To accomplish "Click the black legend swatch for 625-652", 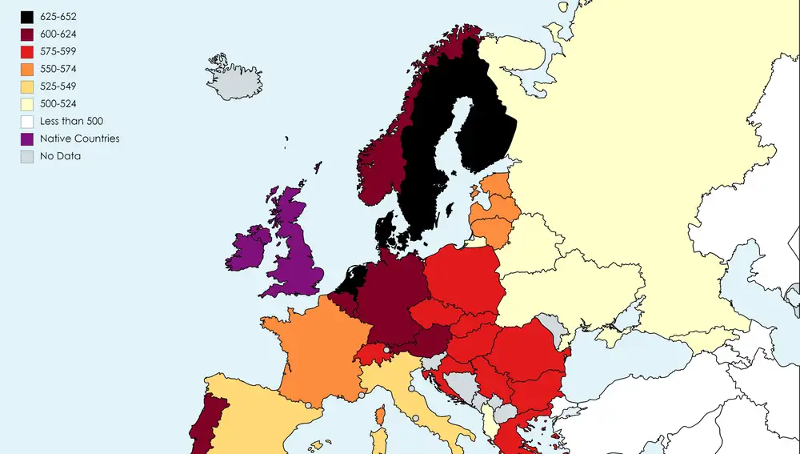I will click(27, 17).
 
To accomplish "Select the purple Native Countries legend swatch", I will click(27, 139).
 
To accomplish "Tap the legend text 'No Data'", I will click(61, 156).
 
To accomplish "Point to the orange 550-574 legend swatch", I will click(27, 70).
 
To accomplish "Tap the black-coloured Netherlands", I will click(350, 279).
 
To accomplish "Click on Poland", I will click(462, 276).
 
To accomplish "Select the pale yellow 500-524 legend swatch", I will click(27, 104).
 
